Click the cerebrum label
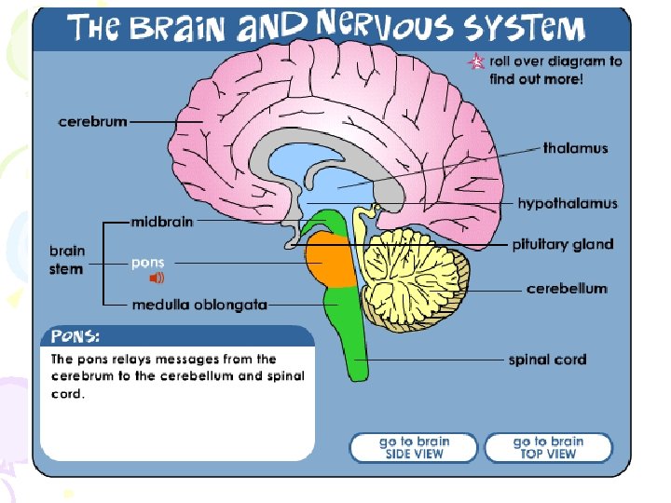pos(92,122)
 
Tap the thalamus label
pos(575,148)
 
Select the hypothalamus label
pos(568,203)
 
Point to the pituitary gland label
pos(562,245)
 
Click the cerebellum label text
pos(567,289)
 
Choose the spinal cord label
pos(547,359)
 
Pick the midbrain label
pos(161,223)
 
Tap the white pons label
pos(147,263)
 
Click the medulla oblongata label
pos(199,305)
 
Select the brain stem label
pos(67,260)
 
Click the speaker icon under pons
pos(157,278)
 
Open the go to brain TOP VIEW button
pos(548,447)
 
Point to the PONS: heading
pos(76,335)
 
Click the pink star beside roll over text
pos(476,62)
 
